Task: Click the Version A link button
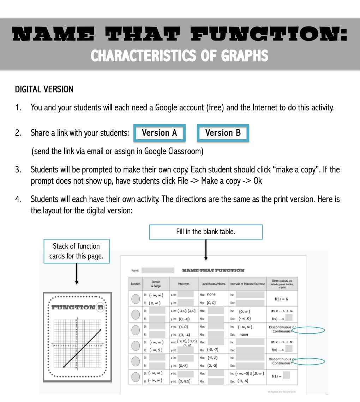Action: coord(159,133)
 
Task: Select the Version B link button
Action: coord(223,133)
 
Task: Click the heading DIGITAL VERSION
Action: coord(44,90)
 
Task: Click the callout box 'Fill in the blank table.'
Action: coord(206,232)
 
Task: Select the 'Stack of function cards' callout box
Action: coord(77,251)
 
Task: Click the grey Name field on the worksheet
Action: coord(158,270)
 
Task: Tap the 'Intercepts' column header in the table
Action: coord(184,284)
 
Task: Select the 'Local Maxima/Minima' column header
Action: coord(213,284)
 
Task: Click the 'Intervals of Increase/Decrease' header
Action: coord(247,284)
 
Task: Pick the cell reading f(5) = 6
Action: coord(281,299)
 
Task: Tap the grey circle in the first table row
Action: coord(136,299)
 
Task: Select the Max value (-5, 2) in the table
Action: coord(215,358)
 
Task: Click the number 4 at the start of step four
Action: coord(17,199)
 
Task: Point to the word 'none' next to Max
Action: coord(211,294)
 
